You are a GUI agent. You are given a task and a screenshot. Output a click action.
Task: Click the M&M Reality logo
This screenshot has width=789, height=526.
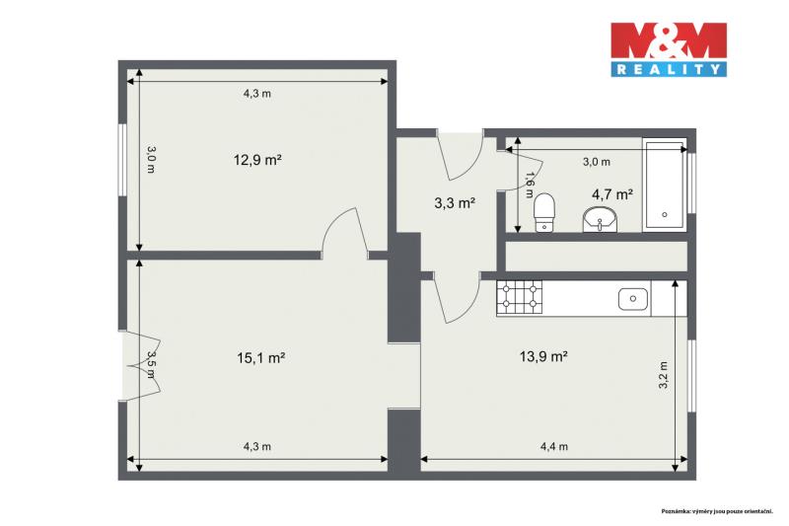(669, 49)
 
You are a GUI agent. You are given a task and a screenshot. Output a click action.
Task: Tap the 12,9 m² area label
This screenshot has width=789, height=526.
(257, 160)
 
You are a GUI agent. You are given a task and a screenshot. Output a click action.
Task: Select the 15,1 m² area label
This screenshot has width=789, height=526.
(260, 358)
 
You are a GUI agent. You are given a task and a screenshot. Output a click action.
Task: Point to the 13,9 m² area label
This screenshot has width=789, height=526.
(543, 356)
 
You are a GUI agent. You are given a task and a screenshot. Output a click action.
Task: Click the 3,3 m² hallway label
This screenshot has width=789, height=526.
(455, 203)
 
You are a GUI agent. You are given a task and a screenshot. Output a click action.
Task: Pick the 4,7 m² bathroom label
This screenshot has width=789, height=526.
(611, 193)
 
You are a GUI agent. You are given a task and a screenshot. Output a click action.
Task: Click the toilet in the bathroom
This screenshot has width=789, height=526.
(544, 212)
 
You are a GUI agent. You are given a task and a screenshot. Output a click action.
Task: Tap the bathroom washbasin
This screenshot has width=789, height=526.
(601, 220)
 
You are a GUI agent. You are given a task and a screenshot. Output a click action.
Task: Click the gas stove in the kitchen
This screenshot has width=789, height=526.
(520, 298)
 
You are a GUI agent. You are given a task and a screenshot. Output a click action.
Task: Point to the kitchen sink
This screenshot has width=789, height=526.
(633, 299)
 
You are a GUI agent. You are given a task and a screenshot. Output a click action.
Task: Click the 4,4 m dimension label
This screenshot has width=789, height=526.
(554, 446)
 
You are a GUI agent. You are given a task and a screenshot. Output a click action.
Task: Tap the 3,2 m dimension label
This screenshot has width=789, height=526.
(663, 375)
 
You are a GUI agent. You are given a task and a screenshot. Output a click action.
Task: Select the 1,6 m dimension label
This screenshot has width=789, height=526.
(529, 185)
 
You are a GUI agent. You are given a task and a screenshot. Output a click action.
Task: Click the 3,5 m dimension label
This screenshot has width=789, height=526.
(151, 364)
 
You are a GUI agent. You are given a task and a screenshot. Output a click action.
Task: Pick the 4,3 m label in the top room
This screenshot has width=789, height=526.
(257, 93)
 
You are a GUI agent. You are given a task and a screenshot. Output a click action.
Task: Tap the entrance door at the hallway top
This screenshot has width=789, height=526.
(461, 155)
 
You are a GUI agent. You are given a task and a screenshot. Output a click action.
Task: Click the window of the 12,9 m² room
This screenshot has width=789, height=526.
(122, 160)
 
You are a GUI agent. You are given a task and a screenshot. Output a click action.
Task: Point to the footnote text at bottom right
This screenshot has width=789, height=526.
(717, 511)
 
